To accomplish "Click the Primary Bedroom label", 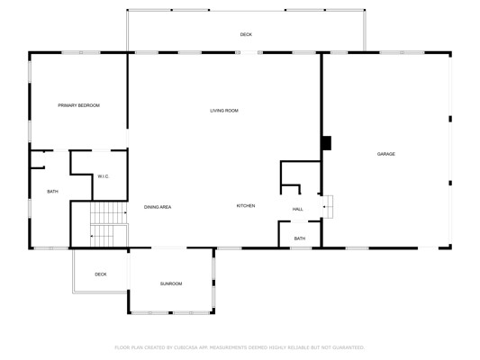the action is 79,105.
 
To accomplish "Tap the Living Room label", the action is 224,111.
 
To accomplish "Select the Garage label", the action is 386,154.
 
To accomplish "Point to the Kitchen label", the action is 246,206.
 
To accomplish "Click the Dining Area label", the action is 158,207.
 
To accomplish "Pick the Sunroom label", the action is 171,283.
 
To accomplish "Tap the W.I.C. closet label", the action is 104,176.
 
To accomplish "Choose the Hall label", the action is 297,209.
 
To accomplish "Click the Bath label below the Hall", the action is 300,238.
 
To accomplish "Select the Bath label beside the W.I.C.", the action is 52,192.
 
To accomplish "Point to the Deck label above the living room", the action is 246,34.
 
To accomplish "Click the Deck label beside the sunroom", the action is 101,274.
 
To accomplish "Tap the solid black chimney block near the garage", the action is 327,143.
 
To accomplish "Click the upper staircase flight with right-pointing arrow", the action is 109,212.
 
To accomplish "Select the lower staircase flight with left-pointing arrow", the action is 109,236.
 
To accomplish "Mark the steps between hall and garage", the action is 328,207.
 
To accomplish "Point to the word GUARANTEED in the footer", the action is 349,347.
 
